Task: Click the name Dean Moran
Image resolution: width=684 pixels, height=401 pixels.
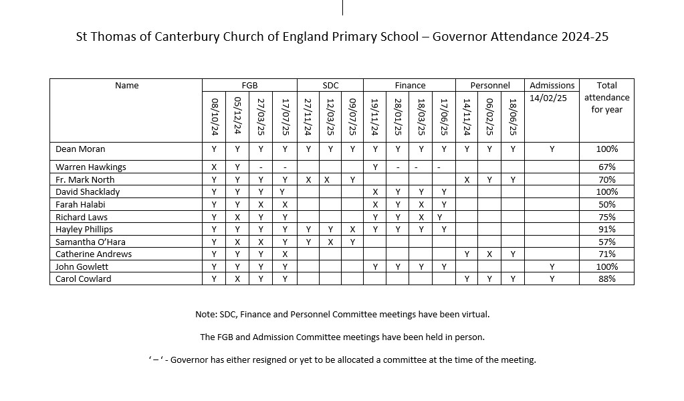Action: pos(80,149)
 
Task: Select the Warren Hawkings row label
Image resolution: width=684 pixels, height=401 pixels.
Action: pos(90,167)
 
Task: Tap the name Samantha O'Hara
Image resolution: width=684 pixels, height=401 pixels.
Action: pos(90,242)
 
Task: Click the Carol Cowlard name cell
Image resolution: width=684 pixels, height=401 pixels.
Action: pos(83,279)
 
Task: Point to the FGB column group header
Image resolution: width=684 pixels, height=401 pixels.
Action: pos(249,86)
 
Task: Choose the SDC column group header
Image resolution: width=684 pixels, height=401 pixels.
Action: pos(330,86)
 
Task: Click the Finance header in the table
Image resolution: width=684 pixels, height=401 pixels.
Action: pos(410,86)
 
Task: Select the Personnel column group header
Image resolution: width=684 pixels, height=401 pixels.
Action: pos(490,86)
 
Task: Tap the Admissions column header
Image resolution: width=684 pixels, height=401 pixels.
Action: pos(552,86)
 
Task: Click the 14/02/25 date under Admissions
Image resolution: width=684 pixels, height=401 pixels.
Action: pos(546,98)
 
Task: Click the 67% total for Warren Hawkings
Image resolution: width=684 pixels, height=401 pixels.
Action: pos(607,167)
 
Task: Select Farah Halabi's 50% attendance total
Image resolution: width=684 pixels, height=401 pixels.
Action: pos(607,204)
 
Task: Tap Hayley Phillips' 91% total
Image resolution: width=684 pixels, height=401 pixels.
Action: pos(607,229)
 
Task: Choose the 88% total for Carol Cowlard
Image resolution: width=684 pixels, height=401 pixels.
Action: pos(607,279)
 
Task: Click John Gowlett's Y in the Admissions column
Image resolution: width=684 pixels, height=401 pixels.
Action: pos(552,266)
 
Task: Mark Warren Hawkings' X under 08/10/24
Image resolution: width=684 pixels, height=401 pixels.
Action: pos(214,167)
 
